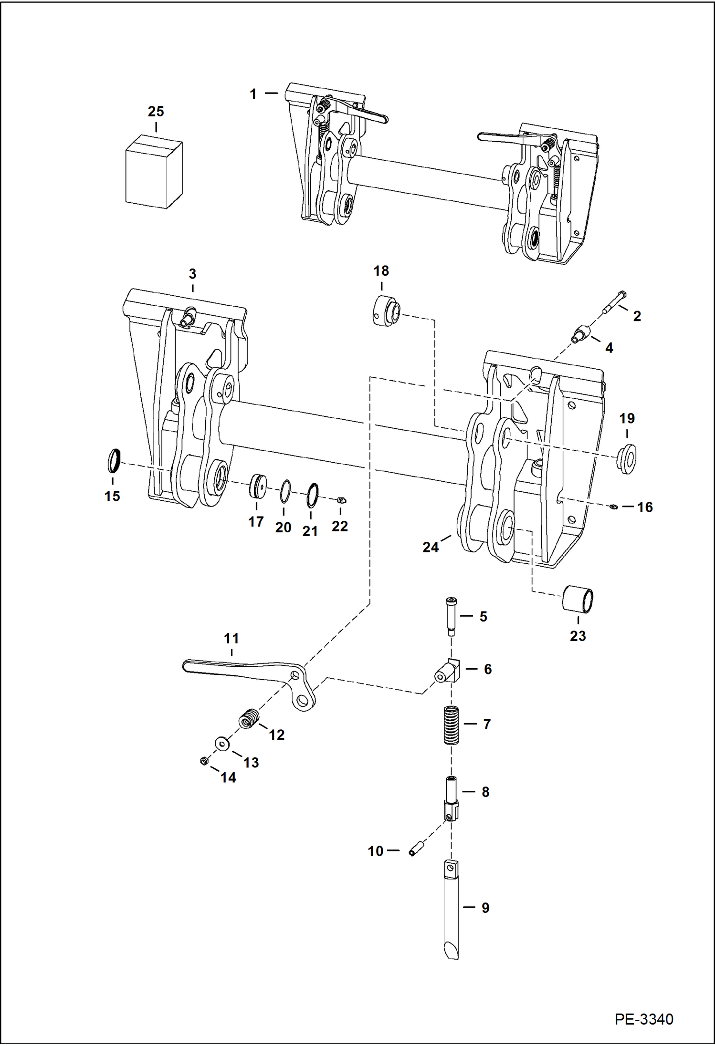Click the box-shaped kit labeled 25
154,173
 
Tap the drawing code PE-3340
643,1018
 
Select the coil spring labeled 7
451,725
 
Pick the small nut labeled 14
204,761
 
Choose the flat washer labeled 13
221,743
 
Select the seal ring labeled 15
113,459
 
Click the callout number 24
430,547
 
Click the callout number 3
192,274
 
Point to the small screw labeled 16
614,507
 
